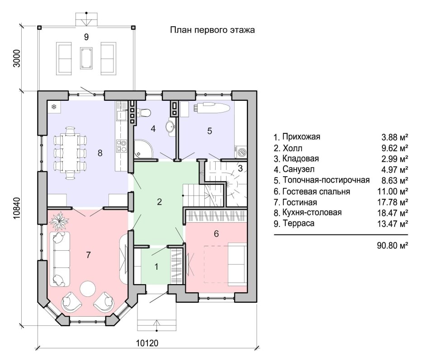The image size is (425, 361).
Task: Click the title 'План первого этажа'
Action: (x=212, y=30)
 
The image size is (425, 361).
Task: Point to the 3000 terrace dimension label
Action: (x=17, y=58)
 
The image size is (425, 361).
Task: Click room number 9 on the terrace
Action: (x=86, y=37)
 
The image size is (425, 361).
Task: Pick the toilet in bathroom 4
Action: (x=144, y=113)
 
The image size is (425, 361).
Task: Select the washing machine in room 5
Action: (x=241, y=152)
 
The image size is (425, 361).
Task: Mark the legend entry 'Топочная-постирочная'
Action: (x=326, y=180)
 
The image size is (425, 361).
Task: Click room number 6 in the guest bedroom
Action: (x=216, y=234)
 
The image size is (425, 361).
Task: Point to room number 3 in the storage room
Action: (x=241, y=169)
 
